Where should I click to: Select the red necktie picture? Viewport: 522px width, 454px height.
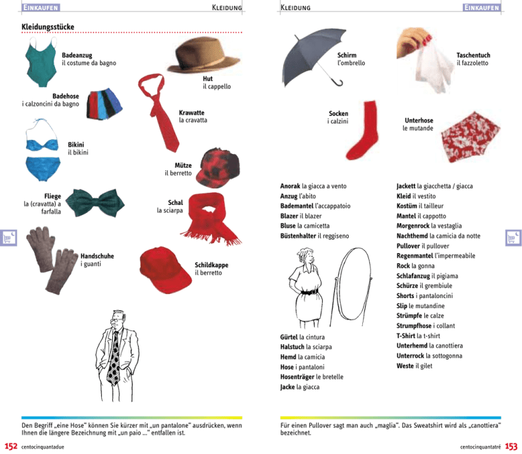click(x=158, y=111)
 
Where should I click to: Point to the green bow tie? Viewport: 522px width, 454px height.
click(x=95, y=203)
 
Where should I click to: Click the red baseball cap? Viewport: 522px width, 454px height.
click(x=164, y=270)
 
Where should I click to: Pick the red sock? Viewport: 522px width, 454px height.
click(x=364, y=130)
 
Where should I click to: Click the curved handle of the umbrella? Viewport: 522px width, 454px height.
click(x=337, y=82)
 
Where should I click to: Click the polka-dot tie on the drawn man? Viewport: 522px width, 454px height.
click(x=114, y=358)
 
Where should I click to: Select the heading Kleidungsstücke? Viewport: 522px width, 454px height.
click(x=48, y=27)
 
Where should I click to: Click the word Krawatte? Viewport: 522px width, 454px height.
click(x=192, y=113)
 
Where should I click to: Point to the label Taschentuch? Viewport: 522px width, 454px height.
click(x=473, y=55)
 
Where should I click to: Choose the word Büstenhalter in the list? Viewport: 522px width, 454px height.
click(x=298, y=236)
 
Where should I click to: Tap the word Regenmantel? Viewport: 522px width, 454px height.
click(x=415, y=256)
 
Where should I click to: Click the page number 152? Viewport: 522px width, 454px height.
click(x=11, y=447)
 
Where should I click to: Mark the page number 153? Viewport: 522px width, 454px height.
click(x=511, y=447)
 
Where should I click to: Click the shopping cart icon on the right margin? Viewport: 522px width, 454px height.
click(x=513, y=238)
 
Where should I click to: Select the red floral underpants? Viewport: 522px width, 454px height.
click(x=470, y=137)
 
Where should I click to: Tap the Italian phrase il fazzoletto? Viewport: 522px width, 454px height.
click(x=472, y=63)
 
